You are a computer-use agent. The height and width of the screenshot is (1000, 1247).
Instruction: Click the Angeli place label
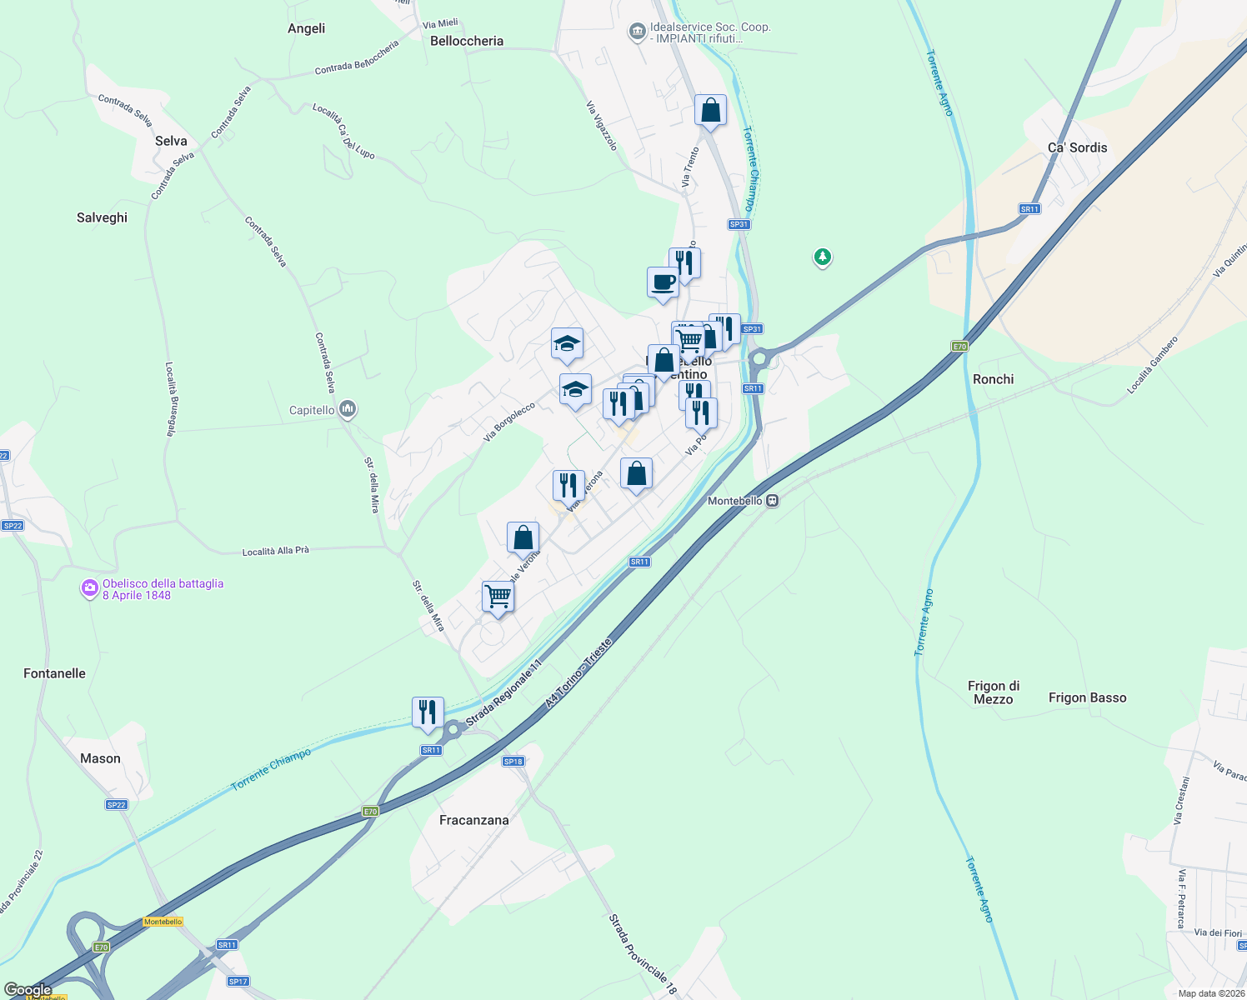pos(306,28)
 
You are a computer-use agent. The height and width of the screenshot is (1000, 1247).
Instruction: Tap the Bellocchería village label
pos(467,41)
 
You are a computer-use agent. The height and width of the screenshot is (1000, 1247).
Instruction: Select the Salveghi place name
pos(102,217)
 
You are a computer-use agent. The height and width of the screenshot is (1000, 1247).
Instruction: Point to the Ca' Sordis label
pos(1077,147)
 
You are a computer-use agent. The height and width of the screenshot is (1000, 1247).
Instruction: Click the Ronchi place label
pos(993,379)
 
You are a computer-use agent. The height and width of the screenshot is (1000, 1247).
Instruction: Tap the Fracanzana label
pos(473,820)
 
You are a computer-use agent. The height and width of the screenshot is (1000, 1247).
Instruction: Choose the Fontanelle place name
pos(54,673)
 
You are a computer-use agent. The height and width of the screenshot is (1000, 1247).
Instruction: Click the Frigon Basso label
pos(1087,697)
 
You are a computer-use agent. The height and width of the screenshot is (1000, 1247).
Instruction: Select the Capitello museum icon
pos(348,409)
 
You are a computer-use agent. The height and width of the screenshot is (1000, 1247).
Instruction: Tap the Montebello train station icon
pos(773,501)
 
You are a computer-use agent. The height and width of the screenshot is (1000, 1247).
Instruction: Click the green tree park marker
pos(823,257)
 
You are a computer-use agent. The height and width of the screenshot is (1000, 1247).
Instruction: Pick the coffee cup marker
pos(663,282)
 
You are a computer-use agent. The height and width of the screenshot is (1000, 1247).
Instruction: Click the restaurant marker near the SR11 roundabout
pos(428,712)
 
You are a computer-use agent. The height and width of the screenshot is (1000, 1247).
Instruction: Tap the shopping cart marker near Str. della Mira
pos(498,597)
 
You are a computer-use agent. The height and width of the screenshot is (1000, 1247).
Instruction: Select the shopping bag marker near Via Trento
pos(710,110)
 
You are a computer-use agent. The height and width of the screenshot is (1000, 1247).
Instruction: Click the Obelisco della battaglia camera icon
pos(89,589)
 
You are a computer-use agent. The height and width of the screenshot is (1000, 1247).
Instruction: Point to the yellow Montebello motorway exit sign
pos(163,922)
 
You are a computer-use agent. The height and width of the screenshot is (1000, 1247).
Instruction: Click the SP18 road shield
pos(513,762)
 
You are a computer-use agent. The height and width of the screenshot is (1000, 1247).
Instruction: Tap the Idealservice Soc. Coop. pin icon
pos(638,32)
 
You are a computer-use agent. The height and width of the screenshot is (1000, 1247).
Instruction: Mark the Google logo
pos(28,990)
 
